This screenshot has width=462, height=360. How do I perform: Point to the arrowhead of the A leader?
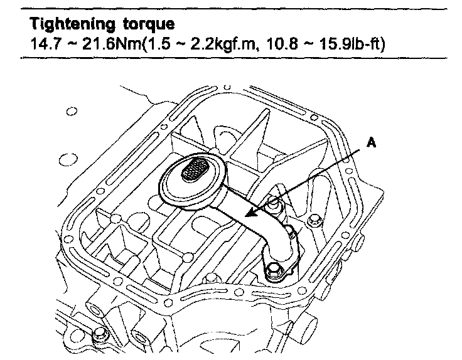[249, 215]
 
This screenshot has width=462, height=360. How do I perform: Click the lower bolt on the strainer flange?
[274, 270]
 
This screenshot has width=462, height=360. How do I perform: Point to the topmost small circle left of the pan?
[71, 112]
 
